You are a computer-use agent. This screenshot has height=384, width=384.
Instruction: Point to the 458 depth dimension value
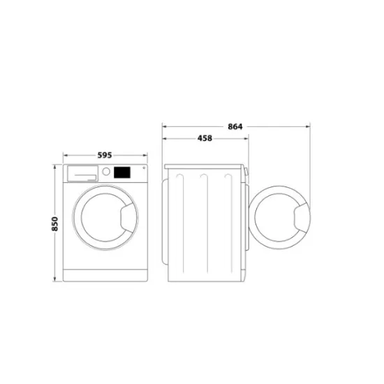[x=204, y=138]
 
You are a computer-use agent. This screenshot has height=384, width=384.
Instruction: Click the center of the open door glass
[x=277, y=218]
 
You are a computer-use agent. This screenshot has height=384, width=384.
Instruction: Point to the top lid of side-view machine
[x=205, y=165]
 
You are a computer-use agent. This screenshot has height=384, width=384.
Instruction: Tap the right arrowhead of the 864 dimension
[x=309, y=126]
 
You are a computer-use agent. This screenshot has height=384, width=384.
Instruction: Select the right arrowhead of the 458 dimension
[x=245, y=138]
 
